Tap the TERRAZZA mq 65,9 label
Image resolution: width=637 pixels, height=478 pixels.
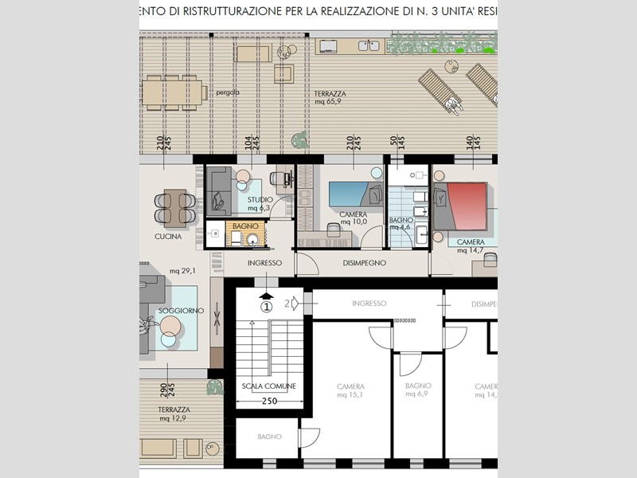(x=328, y=97)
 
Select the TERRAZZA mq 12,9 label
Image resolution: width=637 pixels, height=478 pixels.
(x=173, y=413)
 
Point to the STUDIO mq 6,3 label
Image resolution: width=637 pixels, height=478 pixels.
(x=260, y=204)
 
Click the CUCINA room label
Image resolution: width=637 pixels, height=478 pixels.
(x=168, y=237)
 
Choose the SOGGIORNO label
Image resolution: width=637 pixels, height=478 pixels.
(x=181, y=310)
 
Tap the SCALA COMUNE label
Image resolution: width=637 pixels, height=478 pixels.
(x=269, y=386)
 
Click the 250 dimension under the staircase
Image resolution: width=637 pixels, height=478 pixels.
(x=269, y=401)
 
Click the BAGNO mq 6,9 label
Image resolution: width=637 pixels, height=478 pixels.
(x=417, y=390)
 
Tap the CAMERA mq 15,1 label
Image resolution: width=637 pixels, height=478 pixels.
(x=351, y=390)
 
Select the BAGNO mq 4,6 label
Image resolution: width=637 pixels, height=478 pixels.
(x=400, y=224)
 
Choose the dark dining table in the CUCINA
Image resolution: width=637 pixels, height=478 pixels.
(x=175, y=206)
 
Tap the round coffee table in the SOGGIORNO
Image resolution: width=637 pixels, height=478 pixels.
(x=170, y=326)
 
